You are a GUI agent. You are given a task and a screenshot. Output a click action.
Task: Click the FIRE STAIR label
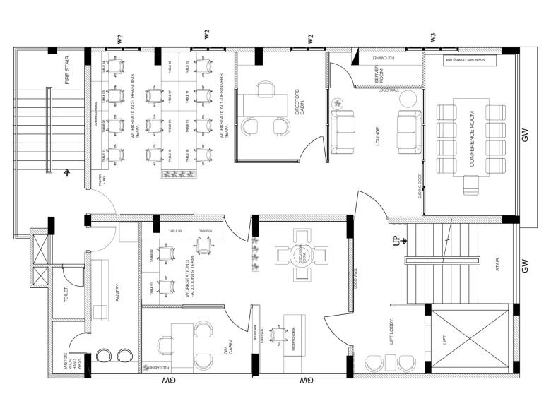(69, 70)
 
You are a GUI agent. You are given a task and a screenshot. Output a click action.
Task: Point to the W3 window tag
(432, 37)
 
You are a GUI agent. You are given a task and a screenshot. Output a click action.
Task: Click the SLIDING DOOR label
(420, 186)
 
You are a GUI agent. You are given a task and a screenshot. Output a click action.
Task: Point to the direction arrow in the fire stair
(67, 172)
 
